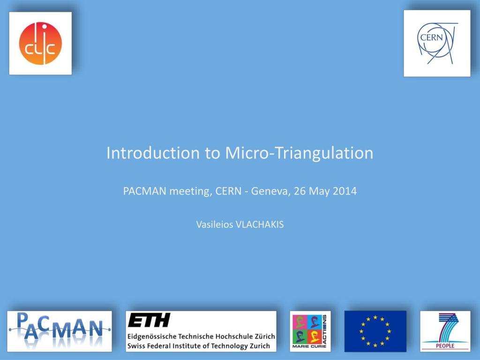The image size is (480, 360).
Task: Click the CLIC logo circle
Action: (40, 43)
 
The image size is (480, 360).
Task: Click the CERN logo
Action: (437, 43)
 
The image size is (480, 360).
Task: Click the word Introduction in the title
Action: (153, 153)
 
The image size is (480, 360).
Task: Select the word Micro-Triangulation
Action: (299, 153)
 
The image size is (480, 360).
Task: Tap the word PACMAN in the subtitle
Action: (145, 191)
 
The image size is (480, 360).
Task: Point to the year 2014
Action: (345, 191)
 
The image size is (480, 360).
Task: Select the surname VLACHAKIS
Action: (260, 225)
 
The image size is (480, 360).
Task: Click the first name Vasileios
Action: (215, 225)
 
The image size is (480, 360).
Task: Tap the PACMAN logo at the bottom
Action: (60, 331)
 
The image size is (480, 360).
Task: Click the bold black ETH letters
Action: (149, 320)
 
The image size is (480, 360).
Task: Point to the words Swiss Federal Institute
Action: (166, 346)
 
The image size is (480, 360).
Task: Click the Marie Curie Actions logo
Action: (310, 331)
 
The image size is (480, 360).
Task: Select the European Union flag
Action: (375, 331)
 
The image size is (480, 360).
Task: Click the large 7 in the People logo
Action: (448, 327)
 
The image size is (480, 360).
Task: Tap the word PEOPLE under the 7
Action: (445, 346)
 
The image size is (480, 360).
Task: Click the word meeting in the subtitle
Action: (191, 192)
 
